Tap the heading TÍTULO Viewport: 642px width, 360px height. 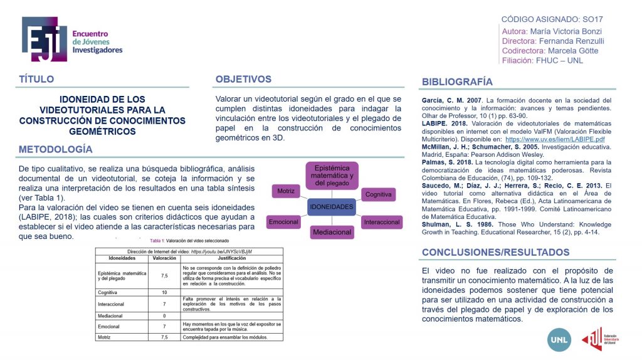coord(36,80)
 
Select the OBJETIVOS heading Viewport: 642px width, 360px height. coord(243,80)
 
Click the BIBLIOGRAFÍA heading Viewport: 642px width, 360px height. coord(457,82)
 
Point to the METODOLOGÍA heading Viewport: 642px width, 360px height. coord(56,149)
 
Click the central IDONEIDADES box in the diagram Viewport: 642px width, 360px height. coord(332,206)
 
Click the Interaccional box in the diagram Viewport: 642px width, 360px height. coord(382,222)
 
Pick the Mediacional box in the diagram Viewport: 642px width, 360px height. coord(332,232)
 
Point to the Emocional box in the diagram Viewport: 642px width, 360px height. coord(283,222)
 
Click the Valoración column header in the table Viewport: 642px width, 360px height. coord(164,258)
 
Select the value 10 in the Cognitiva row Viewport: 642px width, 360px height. coord(164,292)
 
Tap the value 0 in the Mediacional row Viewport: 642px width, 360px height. coord(164,315)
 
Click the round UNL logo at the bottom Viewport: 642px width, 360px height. coord(559,339)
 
